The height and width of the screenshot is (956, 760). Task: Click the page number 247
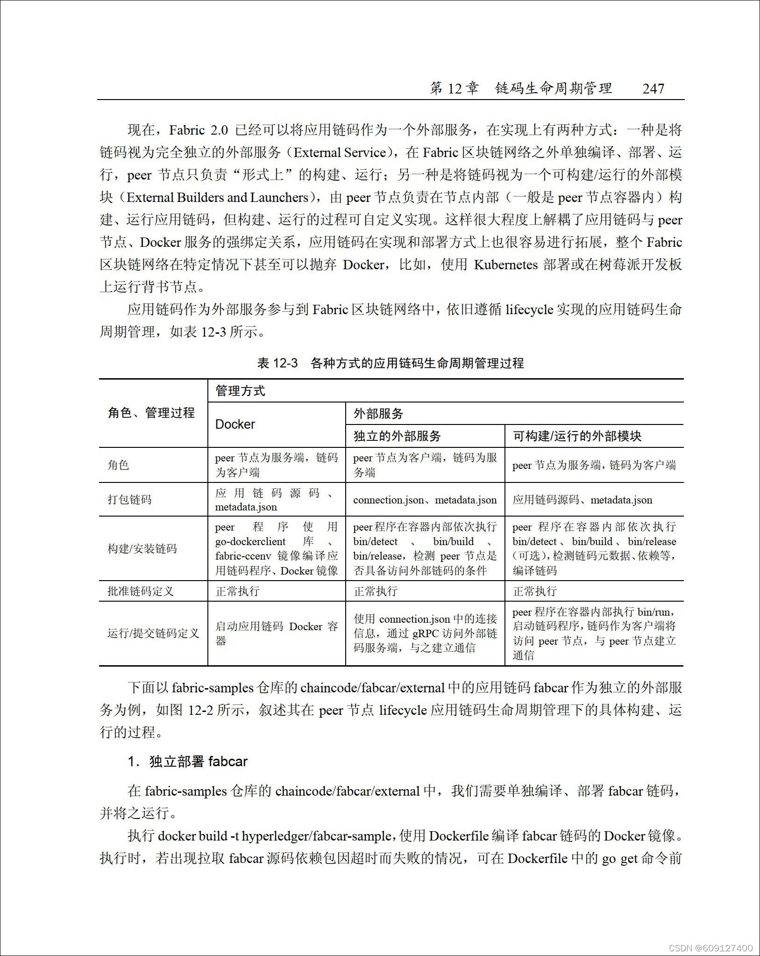pos(653,89)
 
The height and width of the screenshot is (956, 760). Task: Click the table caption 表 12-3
pos(277,363)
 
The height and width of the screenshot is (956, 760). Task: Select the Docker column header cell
pos(235,424)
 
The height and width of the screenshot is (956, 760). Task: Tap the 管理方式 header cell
pos(240,391)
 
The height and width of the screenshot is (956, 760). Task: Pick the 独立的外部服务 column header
pos(397,436)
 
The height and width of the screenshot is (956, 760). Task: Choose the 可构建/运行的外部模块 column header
pos(577,436)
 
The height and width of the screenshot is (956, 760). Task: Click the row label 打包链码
pos(130,499)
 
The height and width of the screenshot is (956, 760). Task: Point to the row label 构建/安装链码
pos(142,548)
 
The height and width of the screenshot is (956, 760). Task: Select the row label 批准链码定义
pos(141,591)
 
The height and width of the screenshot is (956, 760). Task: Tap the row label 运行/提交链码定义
pos(153,633)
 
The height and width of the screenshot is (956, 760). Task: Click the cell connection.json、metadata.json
pos(425,500)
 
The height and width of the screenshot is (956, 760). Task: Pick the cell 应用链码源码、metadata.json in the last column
pos(582,500)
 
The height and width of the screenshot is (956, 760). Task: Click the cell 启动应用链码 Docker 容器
pos(276,633)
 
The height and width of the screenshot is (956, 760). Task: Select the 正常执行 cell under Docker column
pos(237,591)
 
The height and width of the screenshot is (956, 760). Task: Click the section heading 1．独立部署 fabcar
pos(187,762)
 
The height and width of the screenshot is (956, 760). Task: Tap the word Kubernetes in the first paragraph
pos(506,265)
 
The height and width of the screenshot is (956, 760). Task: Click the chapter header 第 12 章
pos(454,89)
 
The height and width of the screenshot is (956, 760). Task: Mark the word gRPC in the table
pos(425,633)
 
